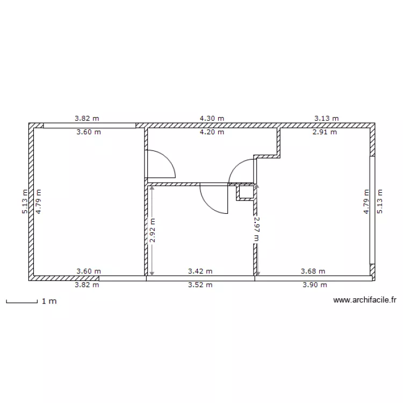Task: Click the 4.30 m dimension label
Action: (212, 118)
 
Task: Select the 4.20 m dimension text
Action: (212, 132)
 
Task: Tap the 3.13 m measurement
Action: (326, 118)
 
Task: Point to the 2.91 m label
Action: (325, 132)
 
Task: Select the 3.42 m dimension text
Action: (200, 272)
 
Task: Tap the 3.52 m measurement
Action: (200, 285)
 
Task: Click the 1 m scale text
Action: (49, 301)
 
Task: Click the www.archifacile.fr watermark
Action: (364, 301)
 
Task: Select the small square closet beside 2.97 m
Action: (245, 192)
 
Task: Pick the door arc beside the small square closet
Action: (241, 171)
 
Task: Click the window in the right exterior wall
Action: (371, 210)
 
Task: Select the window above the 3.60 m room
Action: (89, 126)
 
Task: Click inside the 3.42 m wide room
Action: (200, 236)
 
